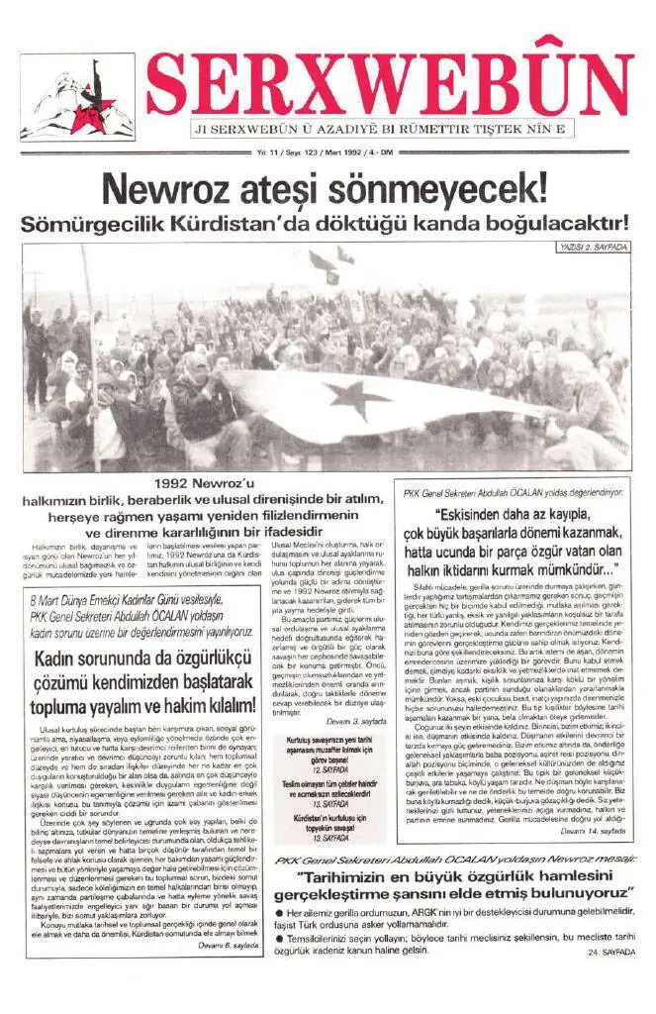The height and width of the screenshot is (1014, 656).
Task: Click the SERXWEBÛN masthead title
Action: click(x=390, y=85)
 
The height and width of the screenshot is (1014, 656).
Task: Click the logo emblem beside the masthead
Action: click(x=77, y=98)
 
